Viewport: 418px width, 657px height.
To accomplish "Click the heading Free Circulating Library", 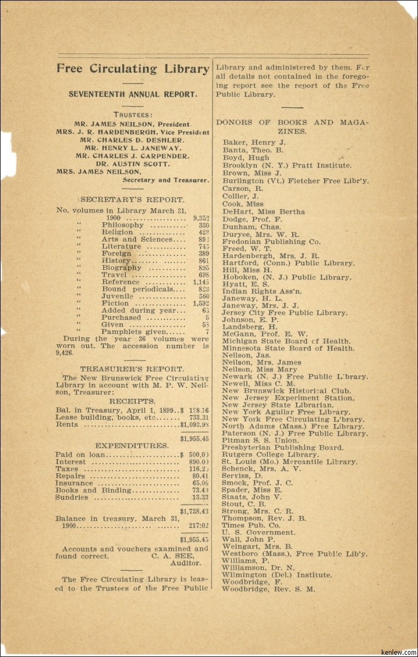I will coord(133,69).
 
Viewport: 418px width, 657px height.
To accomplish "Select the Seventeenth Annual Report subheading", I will coord(133,94).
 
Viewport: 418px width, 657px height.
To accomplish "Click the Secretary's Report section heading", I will coord(133,200).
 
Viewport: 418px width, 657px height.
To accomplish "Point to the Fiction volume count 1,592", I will coord(201,303).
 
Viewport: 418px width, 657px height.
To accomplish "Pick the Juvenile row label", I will coord(117,296).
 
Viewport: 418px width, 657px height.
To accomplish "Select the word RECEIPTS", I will coord(131,401).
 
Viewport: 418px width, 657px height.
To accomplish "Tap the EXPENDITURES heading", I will coord(131,446).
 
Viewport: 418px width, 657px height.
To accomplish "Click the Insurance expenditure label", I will coord(74,483).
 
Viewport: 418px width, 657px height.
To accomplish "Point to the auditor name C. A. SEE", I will coord(169,556).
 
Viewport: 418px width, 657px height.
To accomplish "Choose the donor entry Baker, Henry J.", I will coord(254,143).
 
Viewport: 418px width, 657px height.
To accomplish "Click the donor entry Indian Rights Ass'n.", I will coord(262,291).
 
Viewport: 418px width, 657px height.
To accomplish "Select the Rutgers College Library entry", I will coord(270,454).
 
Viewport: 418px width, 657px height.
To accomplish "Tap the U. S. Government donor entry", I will coord(258,532).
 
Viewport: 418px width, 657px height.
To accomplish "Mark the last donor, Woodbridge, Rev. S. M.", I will coord(268,589).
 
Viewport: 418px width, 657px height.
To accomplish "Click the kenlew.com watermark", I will coord(400,652).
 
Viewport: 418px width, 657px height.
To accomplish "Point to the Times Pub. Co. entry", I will coord(251,525).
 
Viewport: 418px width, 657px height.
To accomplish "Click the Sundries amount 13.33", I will coord(201,497).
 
